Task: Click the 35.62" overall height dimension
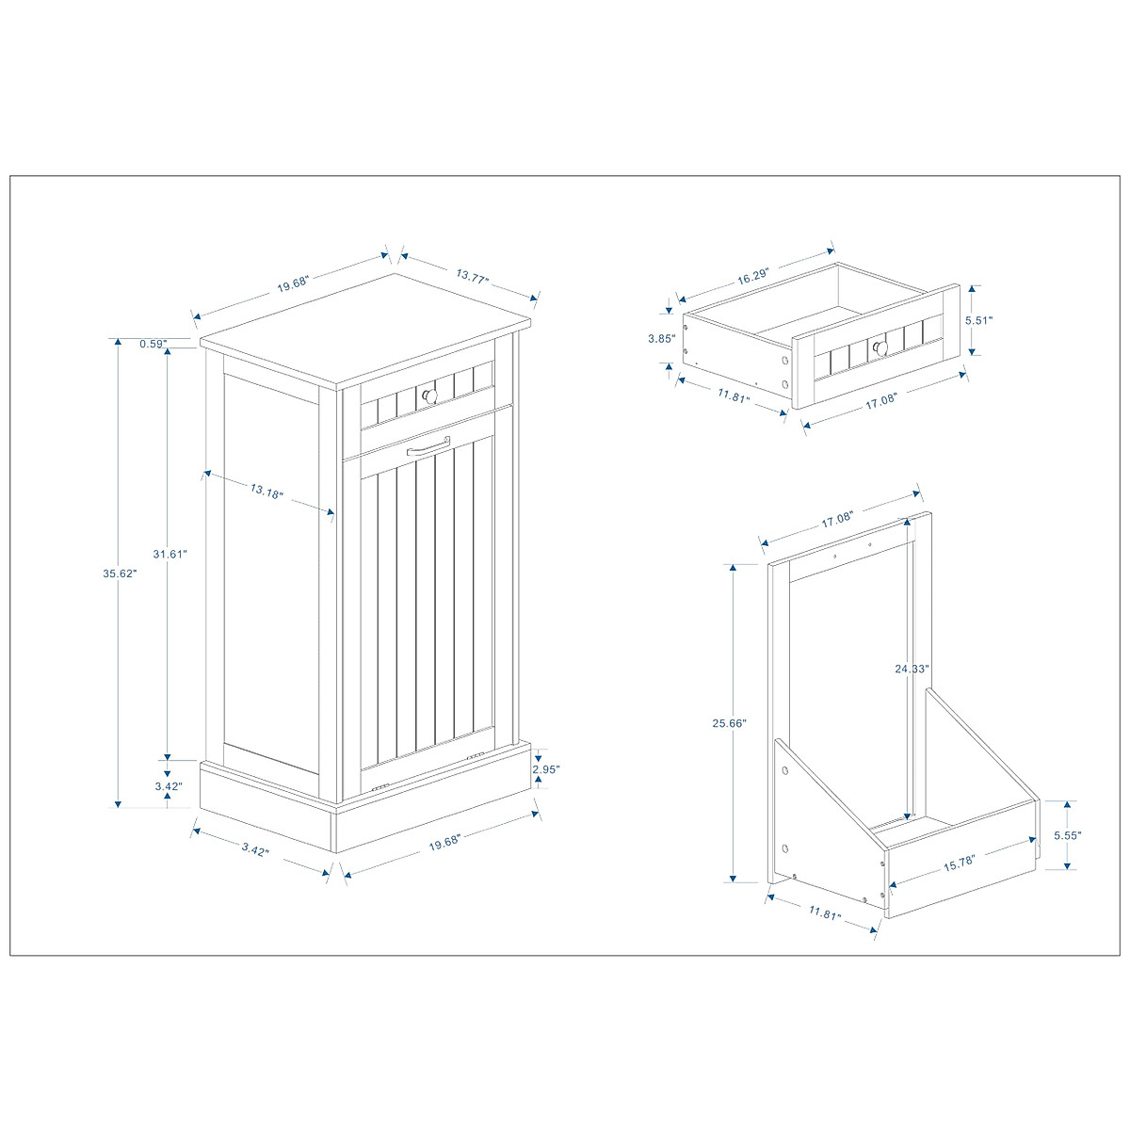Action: coord(120,573)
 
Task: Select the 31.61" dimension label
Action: coord(170,554)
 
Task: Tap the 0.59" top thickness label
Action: coord(153,344)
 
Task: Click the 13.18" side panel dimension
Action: coord(266,491)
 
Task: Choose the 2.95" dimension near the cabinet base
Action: coord(545,769)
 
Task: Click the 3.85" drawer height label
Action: coord(662,338)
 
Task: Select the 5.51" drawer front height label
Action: coord(978,320)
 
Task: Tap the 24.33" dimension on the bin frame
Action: coord(912,669)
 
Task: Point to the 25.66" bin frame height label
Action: coord(731,723)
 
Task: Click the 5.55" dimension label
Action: coord(1067,835)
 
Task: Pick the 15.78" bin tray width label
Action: coord(957,861)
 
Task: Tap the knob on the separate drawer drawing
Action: coord(880,348)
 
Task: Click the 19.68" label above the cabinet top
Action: coord(293,283)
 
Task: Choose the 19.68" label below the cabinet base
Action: coord(445,844)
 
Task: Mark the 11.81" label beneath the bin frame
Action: coord(824,912)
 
